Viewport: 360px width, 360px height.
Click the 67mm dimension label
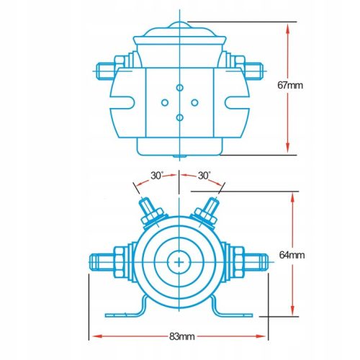310,85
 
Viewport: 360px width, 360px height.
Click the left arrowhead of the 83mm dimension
93,336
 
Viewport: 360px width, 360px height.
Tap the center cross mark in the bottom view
178,261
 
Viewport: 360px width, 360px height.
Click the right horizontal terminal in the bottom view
248,261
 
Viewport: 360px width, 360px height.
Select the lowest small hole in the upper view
178,116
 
